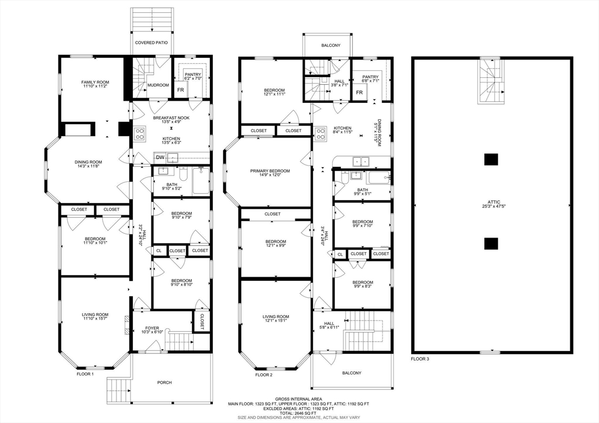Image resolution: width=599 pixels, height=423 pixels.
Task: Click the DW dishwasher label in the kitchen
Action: click(x=160, y=157)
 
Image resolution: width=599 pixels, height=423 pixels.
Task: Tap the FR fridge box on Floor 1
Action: click(x=181, y=90)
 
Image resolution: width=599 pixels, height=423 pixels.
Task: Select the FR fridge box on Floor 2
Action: click(x=360, y=92)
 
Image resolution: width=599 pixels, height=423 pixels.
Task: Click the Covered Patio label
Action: click(x=152, y=43)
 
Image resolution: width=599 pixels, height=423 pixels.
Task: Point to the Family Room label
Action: click(x=95, y=82)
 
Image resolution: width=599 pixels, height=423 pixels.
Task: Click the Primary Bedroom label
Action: click(x=270, y=171)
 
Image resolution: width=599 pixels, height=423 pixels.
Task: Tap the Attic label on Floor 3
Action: click(x=494, y=202)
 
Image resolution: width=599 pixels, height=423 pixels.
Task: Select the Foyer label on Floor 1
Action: click(x=152, y=328)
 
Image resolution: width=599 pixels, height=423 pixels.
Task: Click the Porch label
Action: click(x=164, y=382)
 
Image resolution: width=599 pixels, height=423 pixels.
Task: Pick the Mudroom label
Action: click(x=158, y=85)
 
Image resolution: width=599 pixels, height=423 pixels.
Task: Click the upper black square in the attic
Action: click(x=491, y=159)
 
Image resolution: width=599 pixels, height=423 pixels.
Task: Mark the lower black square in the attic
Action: click(x=491, y=243)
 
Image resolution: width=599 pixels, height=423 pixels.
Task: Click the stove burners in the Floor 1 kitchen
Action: click(x=140, y=133)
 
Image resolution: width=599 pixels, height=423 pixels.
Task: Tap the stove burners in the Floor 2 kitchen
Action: click(x=320, y=133)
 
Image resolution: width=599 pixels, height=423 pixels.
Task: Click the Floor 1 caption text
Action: click(x=85, y=374)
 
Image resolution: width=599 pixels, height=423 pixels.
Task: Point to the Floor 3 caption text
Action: click(x=420, y=359)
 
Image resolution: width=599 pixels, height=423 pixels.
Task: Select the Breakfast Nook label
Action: click(x=171, y=118)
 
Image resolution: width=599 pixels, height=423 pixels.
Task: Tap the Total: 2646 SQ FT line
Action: click(x=298, y=413)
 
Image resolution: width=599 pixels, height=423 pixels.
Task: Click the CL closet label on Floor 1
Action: click(x=159, y=250)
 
